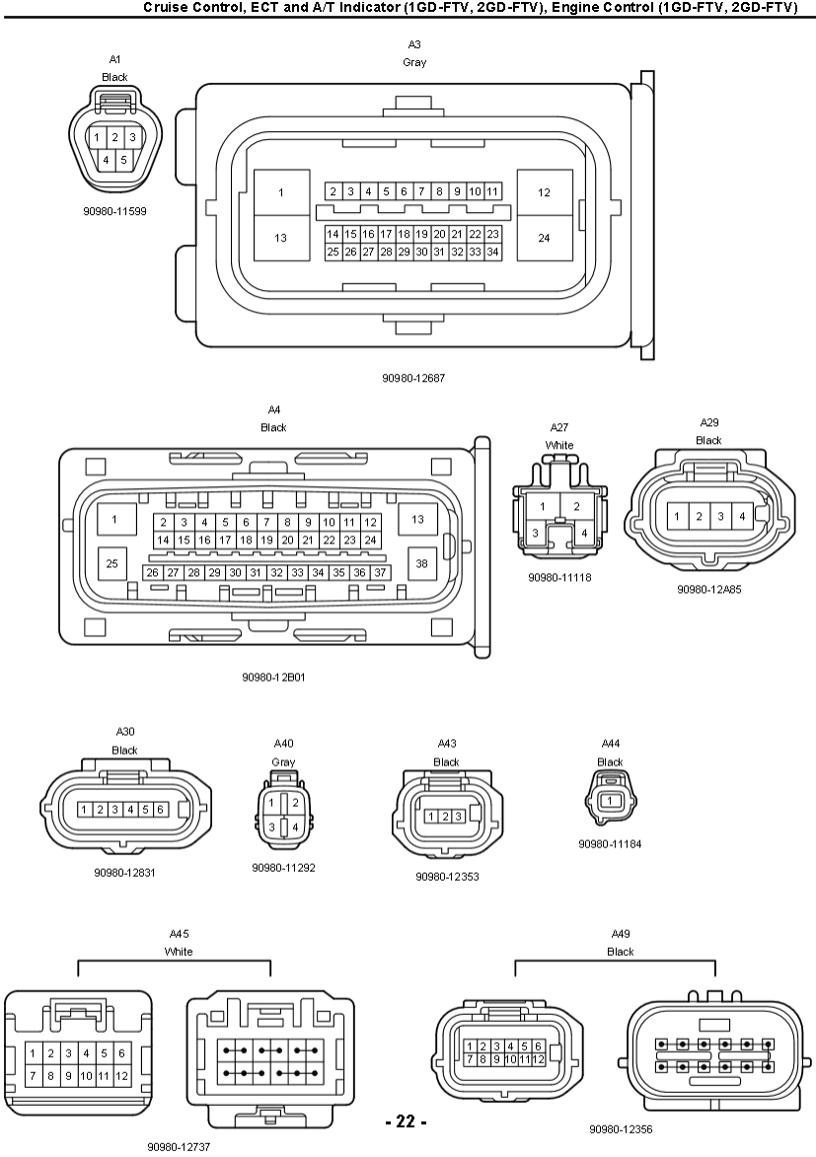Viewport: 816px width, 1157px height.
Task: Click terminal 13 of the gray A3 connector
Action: pos(280,238)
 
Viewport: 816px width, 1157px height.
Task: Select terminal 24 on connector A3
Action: pos(544,238)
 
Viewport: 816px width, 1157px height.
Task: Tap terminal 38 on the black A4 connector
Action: pos(421,562)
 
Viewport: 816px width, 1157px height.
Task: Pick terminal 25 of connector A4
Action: pos(111,562)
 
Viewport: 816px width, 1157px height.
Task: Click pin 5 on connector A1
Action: pos(123,159)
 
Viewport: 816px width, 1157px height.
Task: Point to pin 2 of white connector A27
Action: pos(577,506)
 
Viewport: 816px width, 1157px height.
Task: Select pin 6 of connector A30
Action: pos(160,809)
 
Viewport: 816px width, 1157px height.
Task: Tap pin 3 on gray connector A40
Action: pos(271,827)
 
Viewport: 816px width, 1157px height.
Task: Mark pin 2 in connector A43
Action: pos(445,816)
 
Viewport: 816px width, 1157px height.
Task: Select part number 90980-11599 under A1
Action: pos(114,210)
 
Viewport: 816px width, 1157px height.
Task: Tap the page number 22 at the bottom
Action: pos(406,1121)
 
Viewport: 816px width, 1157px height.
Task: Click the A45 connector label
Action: pos(179,933)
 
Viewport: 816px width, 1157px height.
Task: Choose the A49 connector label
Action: pos(621,933)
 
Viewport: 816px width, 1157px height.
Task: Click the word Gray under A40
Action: pos(283,762)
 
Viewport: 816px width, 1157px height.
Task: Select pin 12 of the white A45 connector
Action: pos(121,1076)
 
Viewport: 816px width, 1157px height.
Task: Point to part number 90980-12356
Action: pos(621,1129)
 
